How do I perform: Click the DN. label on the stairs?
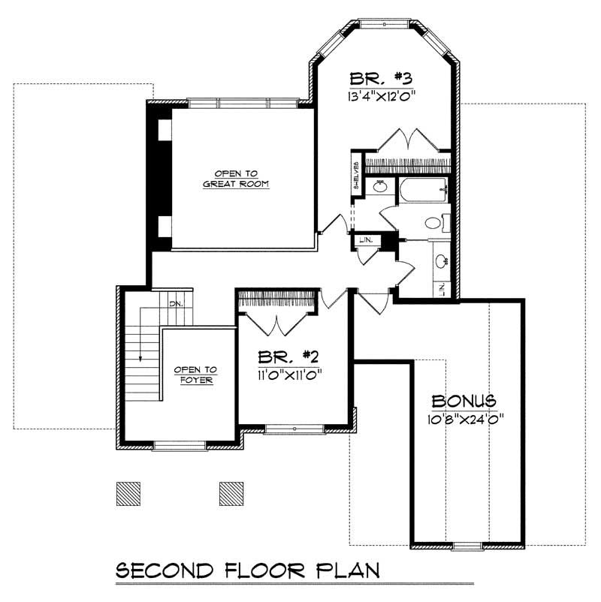click(177, 303)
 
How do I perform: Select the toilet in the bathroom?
click(435, 222)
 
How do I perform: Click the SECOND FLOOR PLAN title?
click(247, 570)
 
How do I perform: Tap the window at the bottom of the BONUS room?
click(466, 543)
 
